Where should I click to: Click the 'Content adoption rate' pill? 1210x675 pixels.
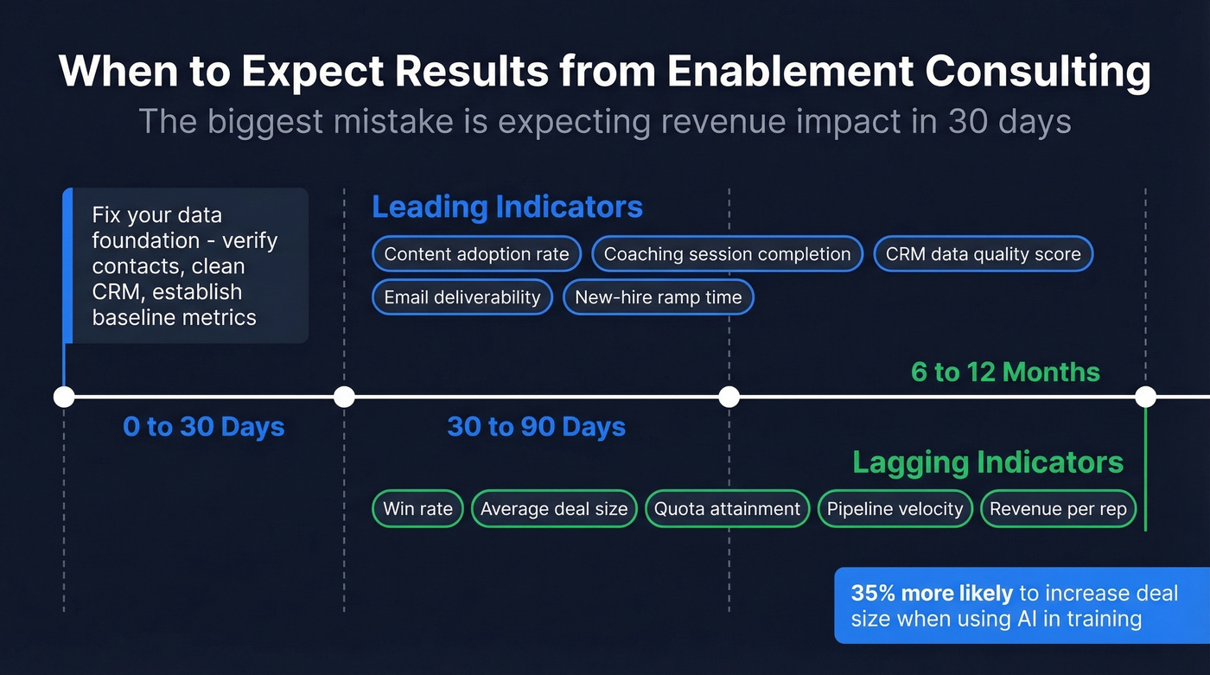476,254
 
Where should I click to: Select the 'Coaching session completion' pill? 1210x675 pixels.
727,254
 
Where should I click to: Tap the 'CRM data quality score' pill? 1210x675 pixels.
984,254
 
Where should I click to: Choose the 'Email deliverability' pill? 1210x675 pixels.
462,297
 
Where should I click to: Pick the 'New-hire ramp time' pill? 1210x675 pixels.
659,297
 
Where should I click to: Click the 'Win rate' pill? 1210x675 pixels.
417,509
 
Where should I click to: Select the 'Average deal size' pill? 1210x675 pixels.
554,509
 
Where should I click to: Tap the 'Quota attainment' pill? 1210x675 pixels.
727,509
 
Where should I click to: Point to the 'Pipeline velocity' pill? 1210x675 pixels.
895,509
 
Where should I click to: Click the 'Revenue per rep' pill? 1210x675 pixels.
1058,509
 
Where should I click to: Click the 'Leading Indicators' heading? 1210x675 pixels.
507,207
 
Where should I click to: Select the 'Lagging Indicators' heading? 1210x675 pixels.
988,462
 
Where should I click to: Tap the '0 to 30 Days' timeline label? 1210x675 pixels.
204,427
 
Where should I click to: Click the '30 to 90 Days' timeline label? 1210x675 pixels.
537,427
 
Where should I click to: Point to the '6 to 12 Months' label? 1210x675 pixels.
1005,373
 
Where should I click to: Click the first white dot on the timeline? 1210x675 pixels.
64,397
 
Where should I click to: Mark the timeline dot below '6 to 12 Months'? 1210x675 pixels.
1145,397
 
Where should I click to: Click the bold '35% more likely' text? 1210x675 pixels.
932,594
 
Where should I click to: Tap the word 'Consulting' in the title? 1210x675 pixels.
1037,73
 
